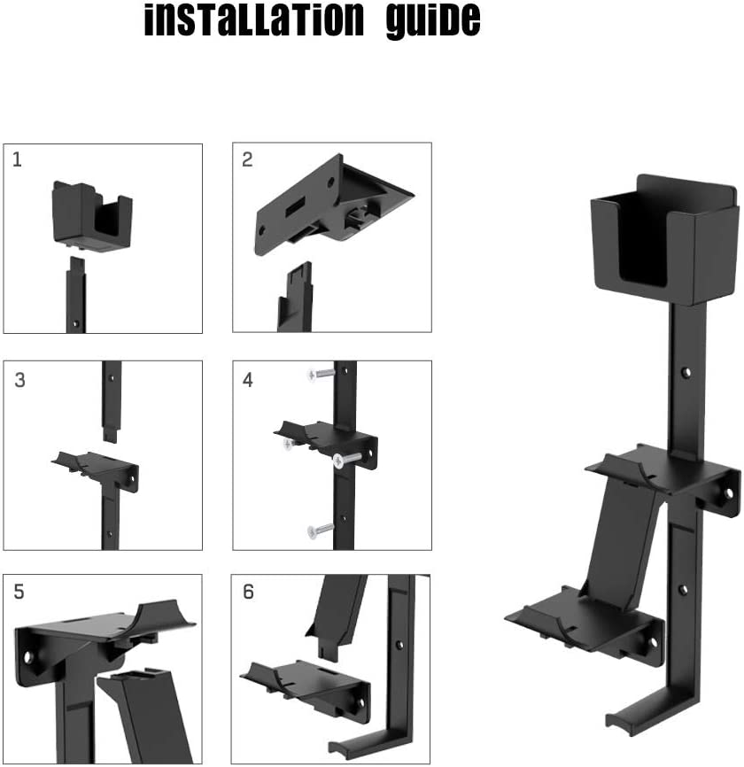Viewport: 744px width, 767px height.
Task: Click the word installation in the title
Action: tap(253, 19)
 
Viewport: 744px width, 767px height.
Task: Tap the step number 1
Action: tap(18, 159)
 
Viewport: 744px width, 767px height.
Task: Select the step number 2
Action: tap(247, 159)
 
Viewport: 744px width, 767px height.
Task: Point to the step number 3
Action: tap(19, 380)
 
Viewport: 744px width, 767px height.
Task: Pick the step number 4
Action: tap(248, 380)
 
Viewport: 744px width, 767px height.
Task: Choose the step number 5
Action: tap(19, 592)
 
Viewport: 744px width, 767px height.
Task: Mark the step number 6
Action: tap(248, 592)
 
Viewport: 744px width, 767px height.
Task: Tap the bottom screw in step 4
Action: tap(321, 530)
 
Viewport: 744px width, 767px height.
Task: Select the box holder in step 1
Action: tap(92, 216)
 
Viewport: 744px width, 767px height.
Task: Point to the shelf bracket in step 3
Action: tap(95, 468)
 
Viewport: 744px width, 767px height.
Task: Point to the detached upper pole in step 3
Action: tap(112, 399)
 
